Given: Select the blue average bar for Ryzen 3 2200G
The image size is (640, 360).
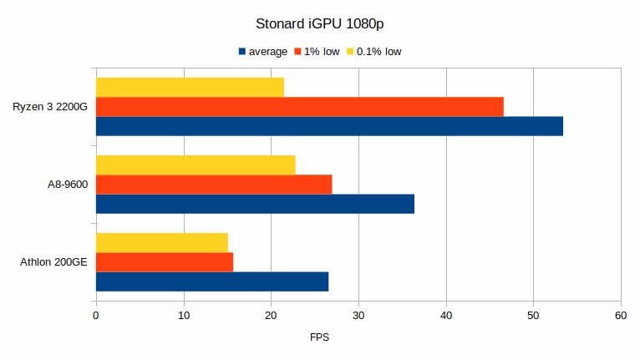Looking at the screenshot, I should pyautogui.click(x=329, y=126).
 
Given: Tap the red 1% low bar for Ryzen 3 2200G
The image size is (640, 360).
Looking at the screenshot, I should pyautogui.click(x=300, y=107).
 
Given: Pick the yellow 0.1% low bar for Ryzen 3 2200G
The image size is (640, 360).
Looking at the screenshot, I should pyautogui.click(x=190, y=87).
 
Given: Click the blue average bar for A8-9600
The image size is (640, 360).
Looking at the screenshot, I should pyautogui.click(x=255, y=204).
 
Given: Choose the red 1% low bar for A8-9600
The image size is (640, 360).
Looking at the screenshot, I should pyautogui.click(x=214, y=185).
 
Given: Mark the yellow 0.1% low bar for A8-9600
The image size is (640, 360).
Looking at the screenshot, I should pyautogui.click(x=196, y=165).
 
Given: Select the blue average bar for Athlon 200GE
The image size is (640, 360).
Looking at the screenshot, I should pyautogui.click(x=212, y=281).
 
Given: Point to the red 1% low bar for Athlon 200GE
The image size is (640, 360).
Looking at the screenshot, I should pyautogui.click(x=165, y=262).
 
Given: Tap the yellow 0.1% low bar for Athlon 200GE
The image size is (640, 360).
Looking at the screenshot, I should pyautogui.click(x=162, y=242).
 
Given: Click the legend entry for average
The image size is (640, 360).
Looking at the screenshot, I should pyautogui.click(x=262, y=52).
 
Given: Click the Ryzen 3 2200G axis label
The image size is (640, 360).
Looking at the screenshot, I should pyautogui.click(x=50, y=107).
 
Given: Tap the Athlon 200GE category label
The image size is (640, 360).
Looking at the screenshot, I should pyautogui.click(x=53, y=262).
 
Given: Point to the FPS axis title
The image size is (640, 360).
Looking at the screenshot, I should pyautogui.click(x=320, y=337).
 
